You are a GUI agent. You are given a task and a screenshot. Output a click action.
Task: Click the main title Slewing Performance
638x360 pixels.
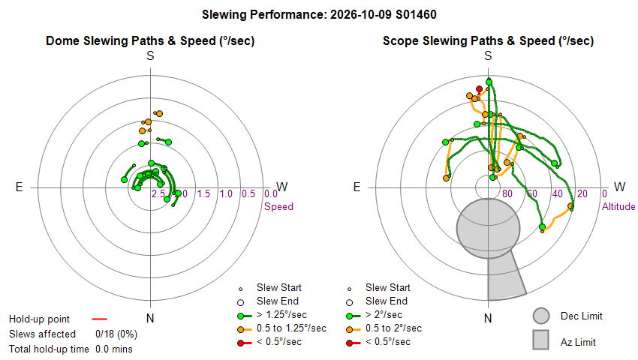pos(319,15)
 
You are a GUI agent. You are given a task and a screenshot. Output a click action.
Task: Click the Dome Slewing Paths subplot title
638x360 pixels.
pos(150,40)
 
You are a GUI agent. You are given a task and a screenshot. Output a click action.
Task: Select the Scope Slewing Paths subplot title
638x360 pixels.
pos(489,40)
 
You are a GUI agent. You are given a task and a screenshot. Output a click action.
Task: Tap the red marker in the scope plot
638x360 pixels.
pos(480,89)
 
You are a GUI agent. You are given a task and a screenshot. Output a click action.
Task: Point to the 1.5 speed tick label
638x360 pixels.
pos(203,193)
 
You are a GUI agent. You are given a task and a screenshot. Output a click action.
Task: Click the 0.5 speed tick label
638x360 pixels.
pos(248,193)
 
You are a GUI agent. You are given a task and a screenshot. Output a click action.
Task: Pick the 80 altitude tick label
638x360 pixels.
pos(507,193)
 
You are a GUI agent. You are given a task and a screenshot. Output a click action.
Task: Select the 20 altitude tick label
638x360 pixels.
pos(582,193)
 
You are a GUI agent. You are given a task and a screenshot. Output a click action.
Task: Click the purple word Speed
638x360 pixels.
pos(278,207)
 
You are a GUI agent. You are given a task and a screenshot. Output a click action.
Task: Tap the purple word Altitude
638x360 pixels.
pos(618,207)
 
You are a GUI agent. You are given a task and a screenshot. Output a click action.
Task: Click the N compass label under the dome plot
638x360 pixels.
pos(150,318)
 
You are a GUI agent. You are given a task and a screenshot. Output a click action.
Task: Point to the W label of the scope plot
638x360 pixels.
pos(620,187)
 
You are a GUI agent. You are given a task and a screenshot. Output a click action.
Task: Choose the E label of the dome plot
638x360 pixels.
pos(19,187)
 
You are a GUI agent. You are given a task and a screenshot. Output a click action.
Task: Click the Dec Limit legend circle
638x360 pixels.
pos(541,316)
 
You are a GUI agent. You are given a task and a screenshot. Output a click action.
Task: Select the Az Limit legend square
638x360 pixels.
pos(541,340)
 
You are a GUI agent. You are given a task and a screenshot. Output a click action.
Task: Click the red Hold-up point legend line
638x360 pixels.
pos(99,319)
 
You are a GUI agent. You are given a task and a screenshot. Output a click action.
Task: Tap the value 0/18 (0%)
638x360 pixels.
pos(116,334)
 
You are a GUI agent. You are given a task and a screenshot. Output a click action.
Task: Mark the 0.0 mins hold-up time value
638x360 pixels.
pos(114,349)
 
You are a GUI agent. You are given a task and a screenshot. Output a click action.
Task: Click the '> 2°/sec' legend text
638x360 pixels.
pos(384,315)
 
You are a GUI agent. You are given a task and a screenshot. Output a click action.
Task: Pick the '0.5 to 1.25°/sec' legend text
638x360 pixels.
pos(291,328)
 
